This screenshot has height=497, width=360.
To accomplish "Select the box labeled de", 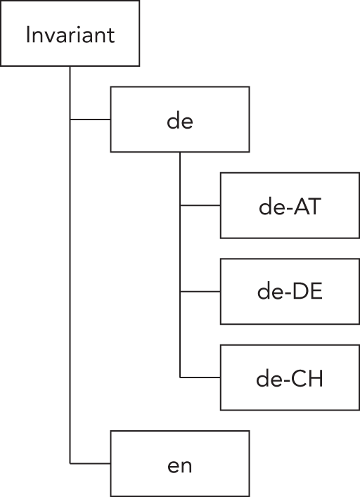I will click(x=180, y=120).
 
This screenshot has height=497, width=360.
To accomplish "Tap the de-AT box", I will click(x=290, y=206).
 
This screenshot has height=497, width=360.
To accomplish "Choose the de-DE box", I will click(x=290, y=292).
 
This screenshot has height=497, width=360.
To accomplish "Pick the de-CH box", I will click(x=290, y=377).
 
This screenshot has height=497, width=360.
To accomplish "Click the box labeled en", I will click(x=180, y=464).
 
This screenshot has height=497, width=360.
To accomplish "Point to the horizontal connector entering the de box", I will click(x=91, y=120).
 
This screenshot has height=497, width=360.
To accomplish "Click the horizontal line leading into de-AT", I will click(x=200, y=206).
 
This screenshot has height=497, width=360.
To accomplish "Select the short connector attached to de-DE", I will click(x=200, y=292).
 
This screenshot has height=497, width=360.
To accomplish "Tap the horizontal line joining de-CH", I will click(x=200, y=377).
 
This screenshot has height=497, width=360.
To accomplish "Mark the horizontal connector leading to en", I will click(x=91, y=464).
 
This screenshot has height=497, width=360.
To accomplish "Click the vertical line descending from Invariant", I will click(x=70, y=281).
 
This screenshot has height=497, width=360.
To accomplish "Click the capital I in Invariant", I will click(x=28, y=35).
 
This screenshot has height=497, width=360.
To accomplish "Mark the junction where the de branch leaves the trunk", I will click(x=70, y=120).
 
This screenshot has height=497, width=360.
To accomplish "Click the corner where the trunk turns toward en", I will click(x=70, y=464).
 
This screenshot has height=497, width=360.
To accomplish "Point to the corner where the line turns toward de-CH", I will click(x=180, y=377).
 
